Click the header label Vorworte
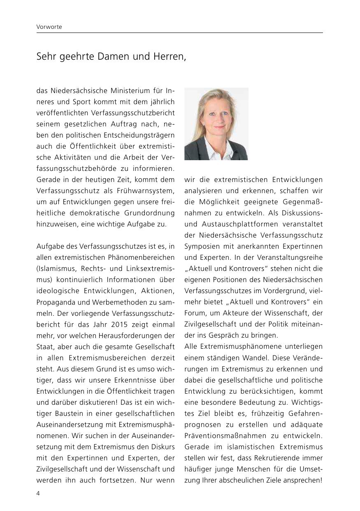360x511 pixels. click(49, 27)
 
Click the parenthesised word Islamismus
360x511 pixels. click(55, 269)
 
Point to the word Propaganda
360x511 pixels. click(55, 302)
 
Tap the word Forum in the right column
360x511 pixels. click(194, 313)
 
